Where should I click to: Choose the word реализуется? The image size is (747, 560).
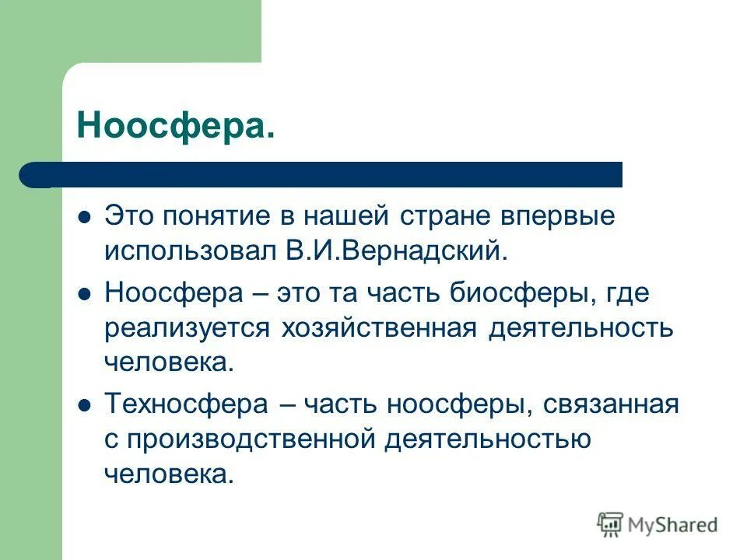(x=187, y=327)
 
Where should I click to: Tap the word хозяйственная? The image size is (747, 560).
(x=379, y=327)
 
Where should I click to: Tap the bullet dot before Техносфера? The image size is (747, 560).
(x=85, y=404)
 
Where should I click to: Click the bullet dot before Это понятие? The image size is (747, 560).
(x=85, y=216)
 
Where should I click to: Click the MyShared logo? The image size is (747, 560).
(x=658, y=525)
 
